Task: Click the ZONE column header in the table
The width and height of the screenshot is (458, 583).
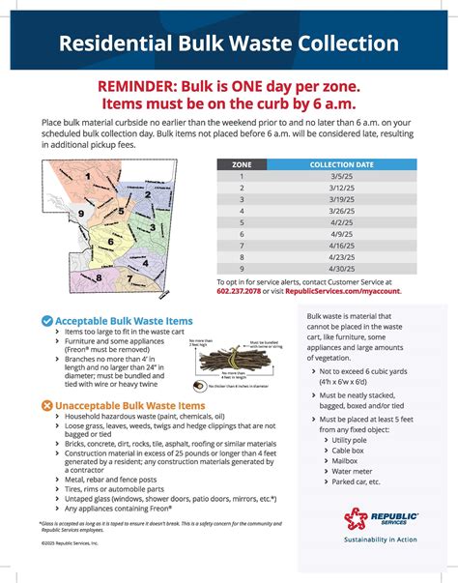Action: (x=242, y=165)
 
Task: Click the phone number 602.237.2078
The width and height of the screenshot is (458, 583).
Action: (x=242, y=290)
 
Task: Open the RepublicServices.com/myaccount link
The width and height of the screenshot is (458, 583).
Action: (x=342, y=290)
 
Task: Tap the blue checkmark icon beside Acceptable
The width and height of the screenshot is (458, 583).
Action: (x=46, y=321)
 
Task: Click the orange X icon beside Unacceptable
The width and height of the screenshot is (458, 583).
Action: (x=46, y=406)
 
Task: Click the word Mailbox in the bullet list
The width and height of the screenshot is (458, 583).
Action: (x=344, y=462)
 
